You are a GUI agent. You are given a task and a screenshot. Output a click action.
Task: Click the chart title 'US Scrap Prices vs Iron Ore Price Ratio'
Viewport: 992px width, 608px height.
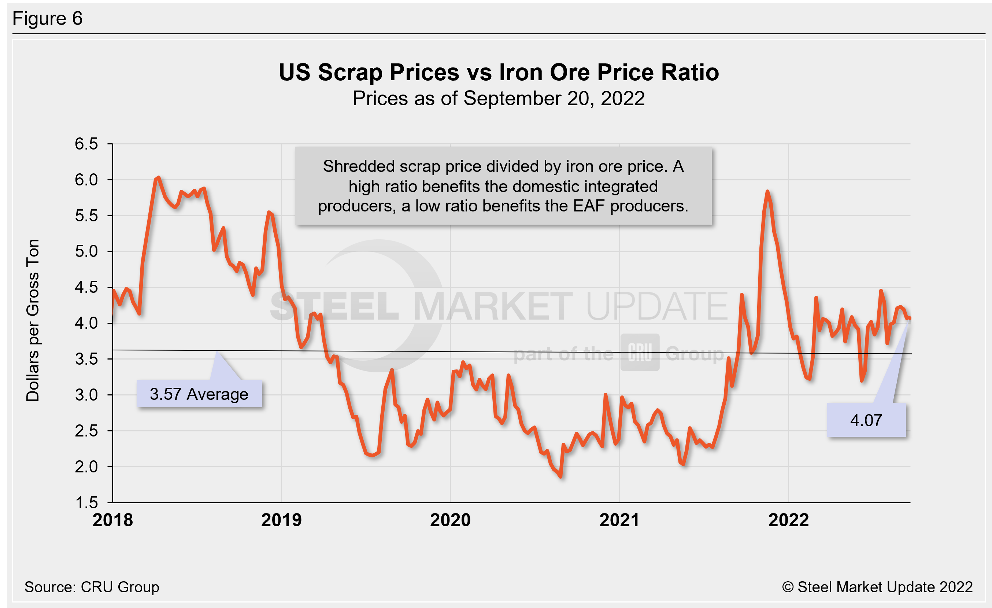point(499,73)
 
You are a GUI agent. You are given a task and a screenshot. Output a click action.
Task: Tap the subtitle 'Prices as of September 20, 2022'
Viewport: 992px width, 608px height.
point(499,99)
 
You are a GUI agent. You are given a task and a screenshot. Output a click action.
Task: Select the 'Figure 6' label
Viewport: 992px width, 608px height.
point(48,19)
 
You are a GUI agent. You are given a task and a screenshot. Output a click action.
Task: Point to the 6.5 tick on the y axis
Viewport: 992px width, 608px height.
point(86,144)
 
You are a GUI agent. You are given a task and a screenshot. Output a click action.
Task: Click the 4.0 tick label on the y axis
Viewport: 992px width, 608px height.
point(86,323)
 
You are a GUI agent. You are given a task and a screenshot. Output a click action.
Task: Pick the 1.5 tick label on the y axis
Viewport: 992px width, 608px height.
point(86,502)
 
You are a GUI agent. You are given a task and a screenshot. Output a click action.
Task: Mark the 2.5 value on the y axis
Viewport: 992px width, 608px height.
point(86,431)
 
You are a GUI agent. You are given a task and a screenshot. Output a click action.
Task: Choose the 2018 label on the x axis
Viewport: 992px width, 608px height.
point(113,520)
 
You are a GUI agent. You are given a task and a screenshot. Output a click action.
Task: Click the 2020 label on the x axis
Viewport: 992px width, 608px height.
point(450,520)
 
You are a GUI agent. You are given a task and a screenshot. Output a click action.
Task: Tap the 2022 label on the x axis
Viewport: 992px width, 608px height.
point(788,520)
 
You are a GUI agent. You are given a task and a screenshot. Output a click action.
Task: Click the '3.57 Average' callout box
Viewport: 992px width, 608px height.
point(199,394)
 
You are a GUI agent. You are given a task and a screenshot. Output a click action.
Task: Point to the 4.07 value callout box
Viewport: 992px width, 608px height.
point(866,420)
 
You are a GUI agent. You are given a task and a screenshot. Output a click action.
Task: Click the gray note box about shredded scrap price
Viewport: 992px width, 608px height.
point(503,186)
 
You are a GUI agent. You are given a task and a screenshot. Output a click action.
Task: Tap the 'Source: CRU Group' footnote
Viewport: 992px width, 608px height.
point(92,587)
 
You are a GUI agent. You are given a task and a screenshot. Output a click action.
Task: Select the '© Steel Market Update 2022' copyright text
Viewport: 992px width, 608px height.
point(877,587)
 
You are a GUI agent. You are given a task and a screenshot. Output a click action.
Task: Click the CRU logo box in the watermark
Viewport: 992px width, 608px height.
point(640,352)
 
